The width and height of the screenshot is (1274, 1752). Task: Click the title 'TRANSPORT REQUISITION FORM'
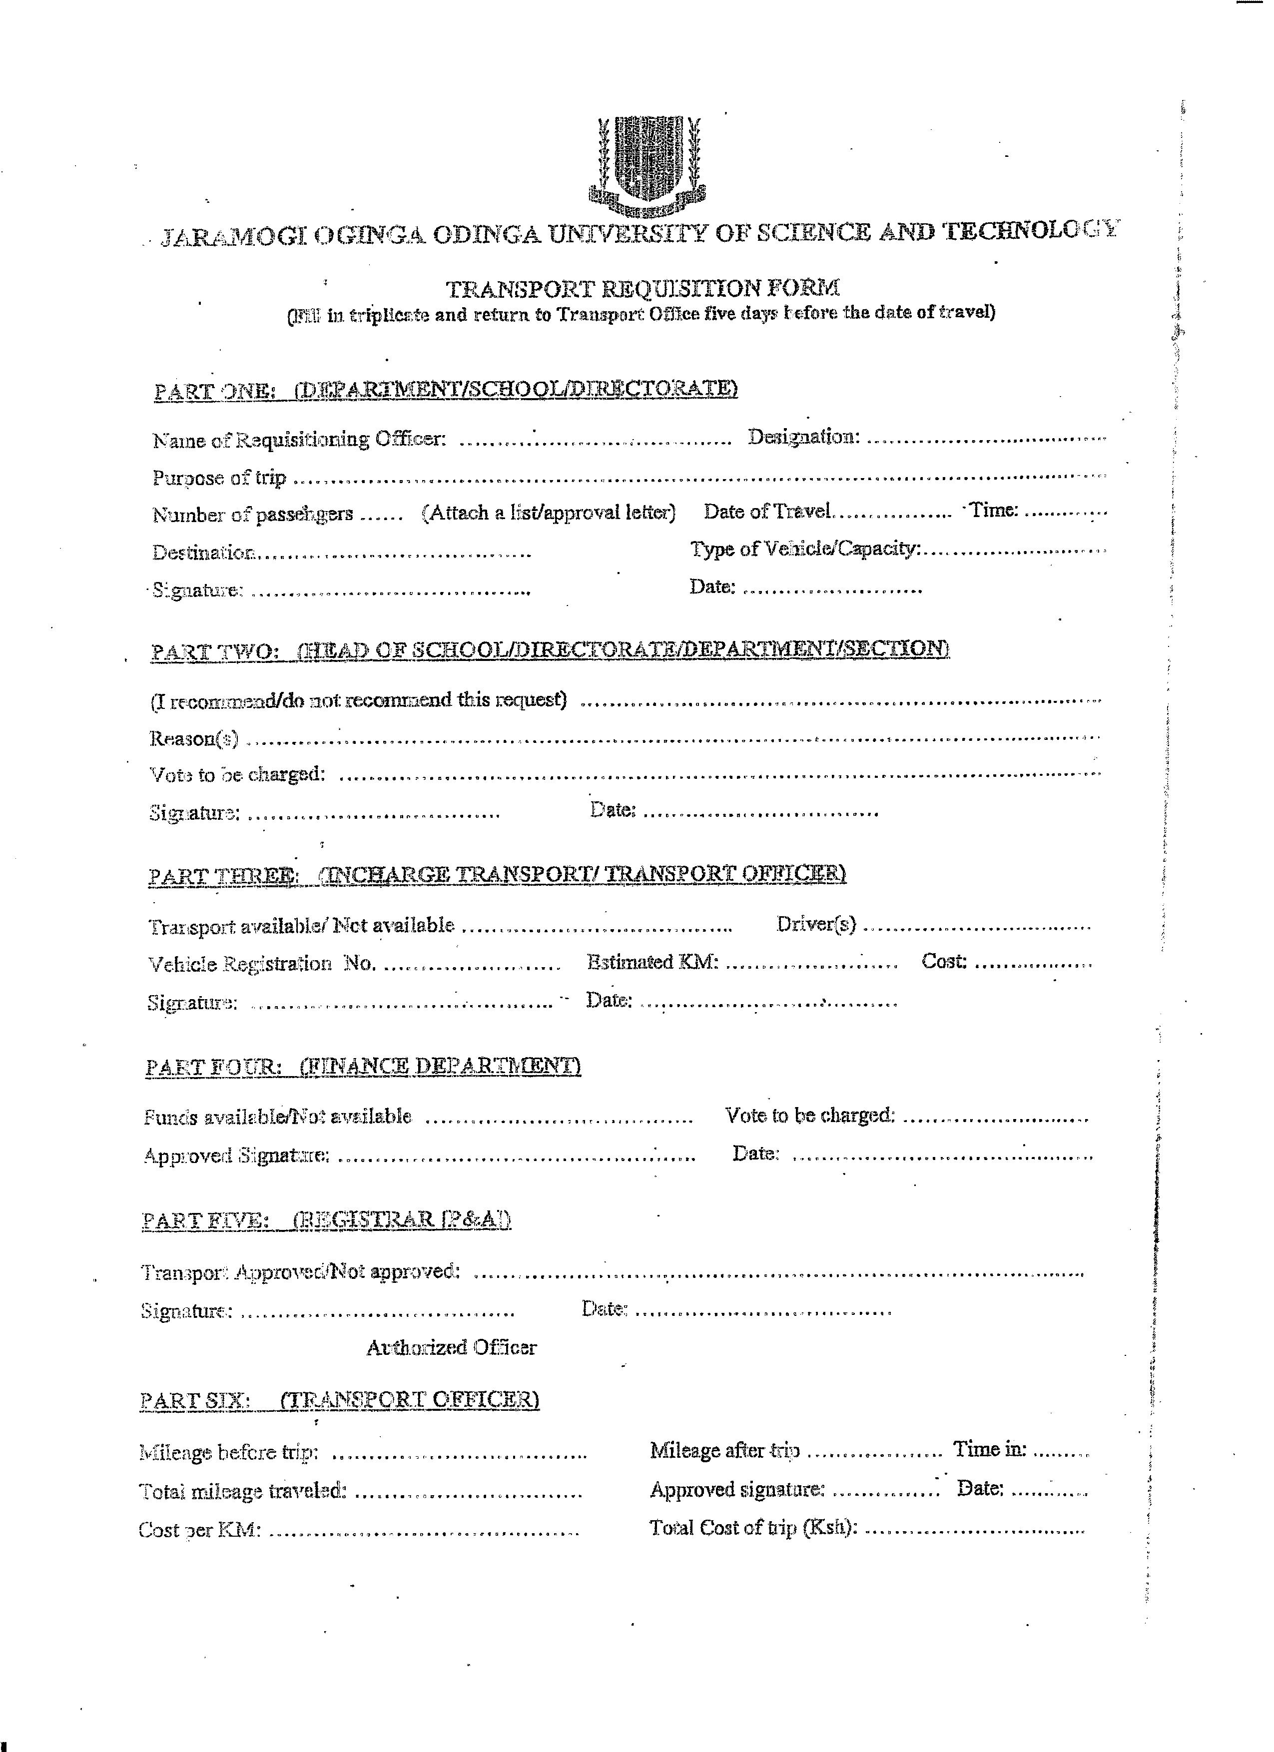pos(643,289)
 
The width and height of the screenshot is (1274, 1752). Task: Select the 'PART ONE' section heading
pos(445,389)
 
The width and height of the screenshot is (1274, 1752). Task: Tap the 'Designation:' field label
pos(803,437)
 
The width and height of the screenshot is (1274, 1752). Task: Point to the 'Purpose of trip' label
pos(219,478)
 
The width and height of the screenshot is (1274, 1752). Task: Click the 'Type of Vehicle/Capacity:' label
pos(805,549)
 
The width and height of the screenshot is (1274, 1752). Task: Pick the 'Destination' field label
pos(203,553)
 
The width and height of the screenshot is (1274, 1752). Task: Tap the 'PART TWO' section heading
pos(549,649)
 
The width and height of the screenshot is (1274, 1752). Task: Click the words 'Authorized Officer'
pos(451,1348)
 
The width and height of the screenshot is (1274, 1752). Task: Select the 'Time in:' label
pos(990,1450)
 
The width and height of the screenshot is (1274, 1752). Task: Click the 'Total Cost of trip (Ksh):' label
pos(753,1528)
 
